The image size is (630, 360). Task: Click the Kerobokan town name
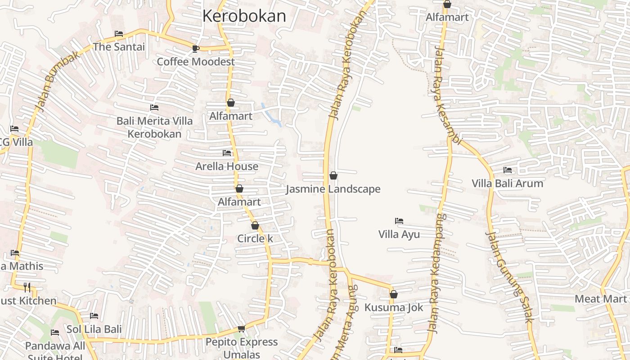pyautogui.click(x=244, y=16)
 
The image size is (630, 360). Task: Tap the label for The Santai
pyautogui.click(x=119, y=47)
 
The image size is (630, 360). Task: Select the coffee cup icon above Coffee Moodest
pyautogui.click(x=195, y=49)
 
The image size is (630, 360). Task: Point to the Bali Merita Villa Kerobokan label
pyautogui.click(x=154, y=127)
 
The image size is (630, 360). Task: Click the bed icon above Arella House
pyautogui.click(x=227, y=153)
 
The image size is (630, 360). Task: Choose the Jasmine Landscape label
pyautogui.click(x=333, y=189)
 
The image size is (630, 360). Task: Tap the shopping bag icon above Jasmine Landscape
pyautogui.click(x=333, y=175)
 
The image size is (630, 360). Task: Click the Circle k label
pyautogui.click(x=255, y=238)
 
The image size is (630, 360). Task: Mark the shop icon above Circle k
pyautogui.click(x=255, y=225)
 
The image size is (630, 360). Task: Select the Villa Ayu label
pyautogui.click(x=399, y=234)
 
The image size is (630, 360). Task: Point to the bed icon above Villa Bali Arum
pyautogui.click(x=508, y=170)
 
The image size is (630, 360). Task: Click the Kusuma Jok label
pyautogui.click(x=394, y=308)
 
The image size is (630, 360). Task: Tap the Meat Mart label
pyautogui.click(x=600, y=299)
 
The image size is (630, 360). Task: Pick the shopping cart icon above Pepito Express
pyautogui.click(x=241, y=329)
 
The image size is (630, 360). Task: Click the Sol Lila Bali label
pyautogui.click(x=94, y=329)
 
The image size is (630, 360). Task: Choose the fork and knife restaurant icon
pyautogui.click(x=27, y=287)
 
